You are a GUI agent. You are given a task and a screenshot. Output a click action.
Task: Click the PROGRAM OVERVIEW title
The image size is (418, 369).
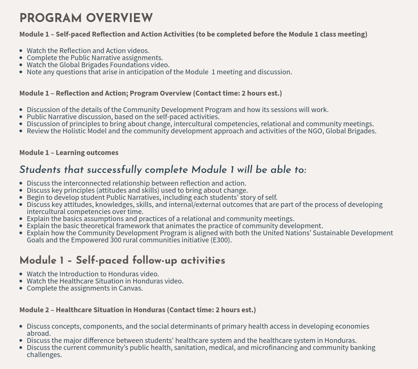(86, 18)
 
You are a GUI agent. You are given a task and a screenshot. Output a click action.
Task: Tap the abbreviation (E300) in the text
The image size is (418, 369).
(221, 240)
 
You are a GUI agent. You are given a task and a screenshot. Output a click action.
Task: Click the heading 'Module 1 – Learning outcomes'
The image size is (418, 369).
(69, 152)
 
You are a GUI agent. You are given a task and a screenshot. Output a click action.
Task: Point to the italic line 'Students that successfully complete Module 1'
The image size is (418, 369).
(163, 170)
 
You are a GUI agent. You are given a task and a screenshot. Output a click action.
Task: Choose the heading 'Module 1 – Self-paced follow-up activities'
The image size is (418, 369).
(122, 261)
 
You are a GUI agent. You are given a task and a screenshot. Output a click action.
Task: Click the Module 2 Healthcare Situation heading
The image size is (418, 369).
(137, 310)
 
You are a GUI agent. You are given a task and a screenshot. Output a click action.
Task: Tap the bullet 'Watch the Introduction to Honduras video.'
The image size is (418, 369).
(93, 274)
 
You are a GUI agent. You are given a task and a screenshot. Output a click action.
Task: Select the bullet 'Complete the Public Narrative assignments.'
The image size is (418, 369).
(95, 58)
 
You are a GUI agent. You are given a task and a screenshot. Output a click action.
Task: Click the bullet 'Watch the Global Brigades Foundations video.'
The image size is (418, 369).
(98, 65)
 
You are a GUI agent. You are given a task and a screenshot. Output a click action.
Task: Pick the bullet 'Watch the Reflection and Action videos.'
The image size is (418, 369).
(88, 51)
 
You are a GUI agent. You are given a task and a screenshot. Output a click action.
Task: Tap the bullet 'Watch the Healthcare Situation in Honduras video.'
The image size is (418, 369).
(105, 281)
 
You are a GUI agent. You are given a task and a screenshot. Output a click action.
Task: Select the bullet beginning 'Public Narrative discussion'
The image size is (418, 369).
(123, 117)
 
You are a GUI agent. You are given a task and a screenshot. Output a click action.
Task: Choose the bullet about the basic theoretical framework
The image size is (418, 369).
(174, 226)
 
